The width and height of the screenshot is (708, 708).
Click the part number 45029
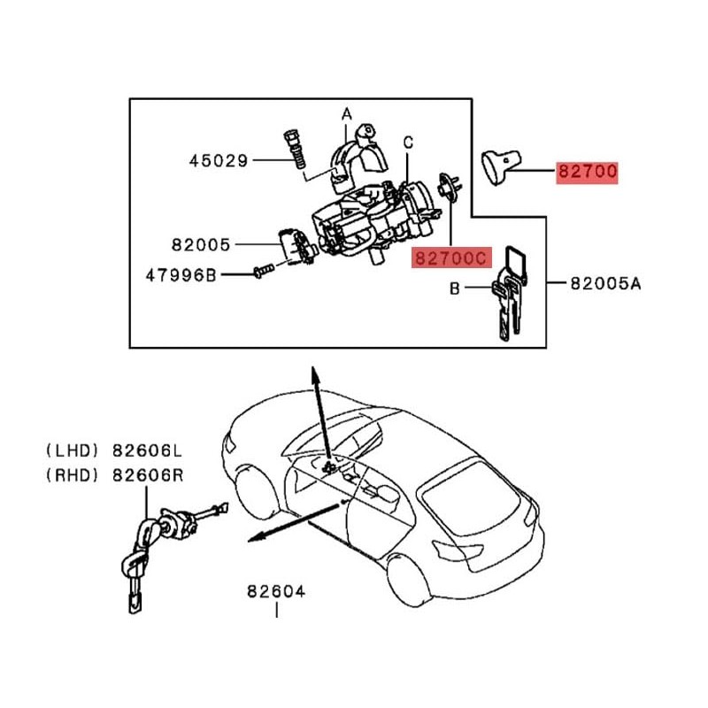pyautogui.click(x=219, y=161)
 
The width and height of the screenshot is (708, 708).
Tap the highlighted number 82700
pyautogui.click(x=586, y=172)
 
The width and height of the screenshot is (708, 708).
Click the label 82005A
pyautogui.click(x=604, y=284)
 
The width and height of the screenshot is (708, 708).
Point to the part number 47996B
pyautogui.click(x=181, y=275)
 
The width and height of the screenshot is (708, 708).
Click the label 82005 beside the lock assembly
pyautogui.click(x=201, y=243)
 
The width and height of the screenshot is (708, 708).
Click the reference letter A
pyautogui.click(x=347, y=114)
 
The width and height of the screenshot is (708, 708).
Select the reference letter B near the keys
pyautogui.click(x=455, y=288)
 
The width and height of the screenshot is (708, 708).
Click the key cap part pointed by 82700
pyautogui.click(x=497, y=167)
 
